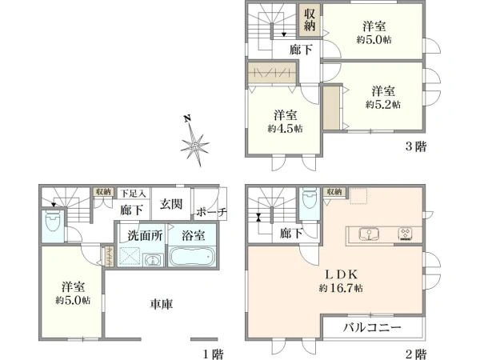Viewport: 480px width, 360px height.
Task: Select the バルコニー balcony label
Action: click(x=373, y=327)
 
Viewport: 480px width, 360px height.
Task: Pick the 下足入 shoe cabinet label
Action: click(x=134, y=193)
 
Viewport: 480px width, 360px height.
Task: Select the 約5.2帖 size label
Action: click(x=383, y=104)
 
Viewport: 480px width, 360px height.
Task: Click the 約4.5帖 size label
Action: click(x=286, y=128)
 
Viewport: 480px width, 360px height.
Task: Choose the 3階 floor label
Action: click(x=416, y=146)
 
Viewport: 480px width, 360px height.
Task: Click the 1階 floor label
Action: click(x=211, y=353)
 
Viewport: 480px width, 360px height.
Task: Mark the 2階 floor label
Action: click(x=416, y=353)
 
